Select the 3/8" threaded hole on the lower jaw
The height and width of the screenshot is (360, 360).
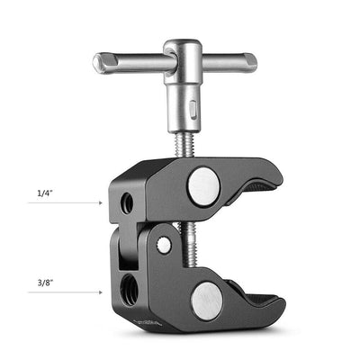(126, 287)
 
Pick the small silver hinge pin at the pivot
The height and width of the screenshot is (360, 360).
(165, 244)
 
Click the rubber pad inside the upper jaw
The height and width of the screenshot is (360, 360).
(261, 189)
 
